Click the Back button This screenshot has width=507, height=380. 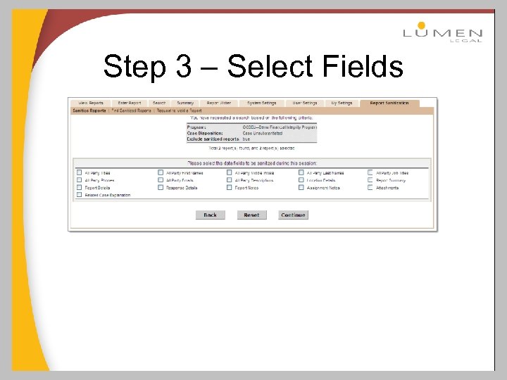210,215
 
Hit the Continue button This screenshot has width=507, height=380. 293,215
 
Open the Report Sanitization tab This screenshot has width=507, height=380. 389,103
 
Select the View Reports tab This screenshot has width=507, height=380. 92,103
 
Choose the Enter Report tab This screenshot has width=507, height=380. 130,103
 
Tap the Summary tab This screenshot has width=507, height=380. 185,103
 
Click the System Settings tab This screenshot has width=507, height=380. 262,103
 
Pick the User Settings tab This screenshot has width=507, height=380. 305,103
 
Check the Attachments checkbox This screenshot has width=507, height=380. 370,188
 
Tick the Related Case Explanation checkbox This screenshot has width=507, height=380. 78,195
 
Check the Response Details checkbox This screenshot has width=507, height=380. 161,188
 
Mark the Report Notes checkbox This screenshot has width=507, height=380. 230,188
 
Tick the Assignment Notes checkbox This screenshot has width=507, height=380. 301,188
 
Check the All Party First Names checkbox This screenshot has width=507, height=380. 161,172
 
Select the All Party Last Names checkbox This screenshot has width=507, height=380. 301,172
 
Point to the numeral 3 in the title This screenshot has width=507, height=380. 183,68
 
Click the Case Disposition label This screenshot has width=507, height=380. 205,133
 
